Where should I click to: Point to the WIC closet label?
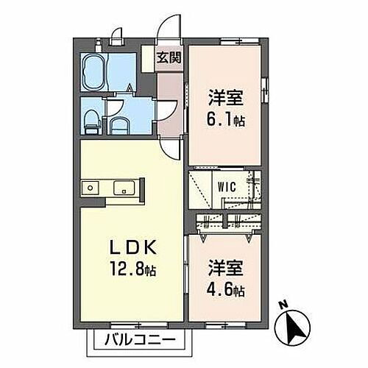(x=226, y=187)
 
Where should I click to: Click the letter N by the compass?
(x=283, y=305)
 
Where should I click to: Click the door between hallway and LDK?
(x=171, y=147)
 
